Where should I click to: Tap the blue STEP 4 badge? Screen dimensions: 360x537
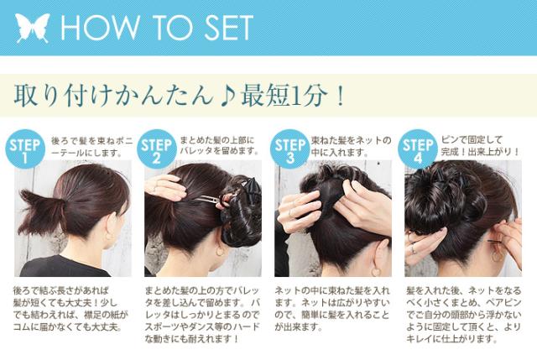pos(416,149)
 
